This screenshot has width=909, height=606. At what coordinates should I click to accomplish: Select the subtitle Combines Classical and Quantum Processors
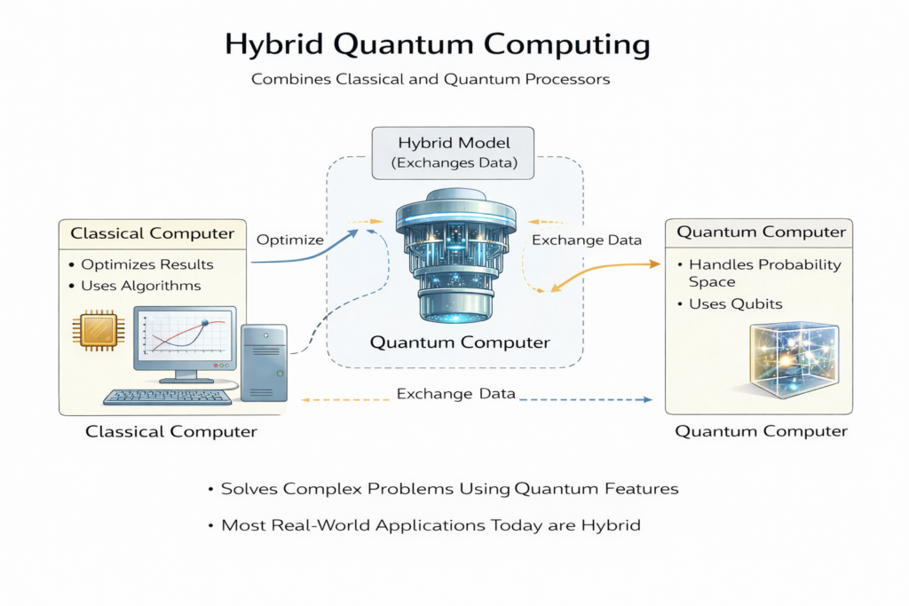pos(431,79)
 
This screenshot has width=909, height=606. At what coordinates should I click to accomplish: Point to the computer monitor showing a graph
pos(185,338)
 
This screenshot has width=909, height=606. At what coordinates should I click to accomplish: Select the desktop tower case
pos(264,361)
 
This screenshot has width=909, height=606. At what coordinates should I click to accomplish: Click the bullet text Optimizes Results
pos(146,264)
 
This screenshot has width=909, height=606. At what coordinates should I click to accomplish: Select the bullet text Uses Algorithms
pos(140,286)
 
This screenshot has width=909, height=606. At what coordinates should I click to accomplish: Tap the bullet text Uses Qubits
pos(734,303)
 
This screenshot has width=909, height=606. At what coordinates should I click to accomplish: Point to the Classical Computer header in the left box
pos(152,234)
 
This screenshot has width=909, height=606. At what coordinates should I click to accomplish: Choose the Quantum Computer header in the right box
pos(761,232)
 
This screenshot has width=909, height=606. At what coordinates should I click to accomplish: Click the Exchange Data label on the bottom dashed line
pos(455,393)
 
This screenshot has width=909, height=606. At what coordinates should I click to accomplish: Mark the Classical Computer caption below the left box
pos(170,432)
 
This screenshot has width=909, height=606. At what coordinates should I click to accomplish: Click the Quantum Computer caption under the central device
pos(460,342)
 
